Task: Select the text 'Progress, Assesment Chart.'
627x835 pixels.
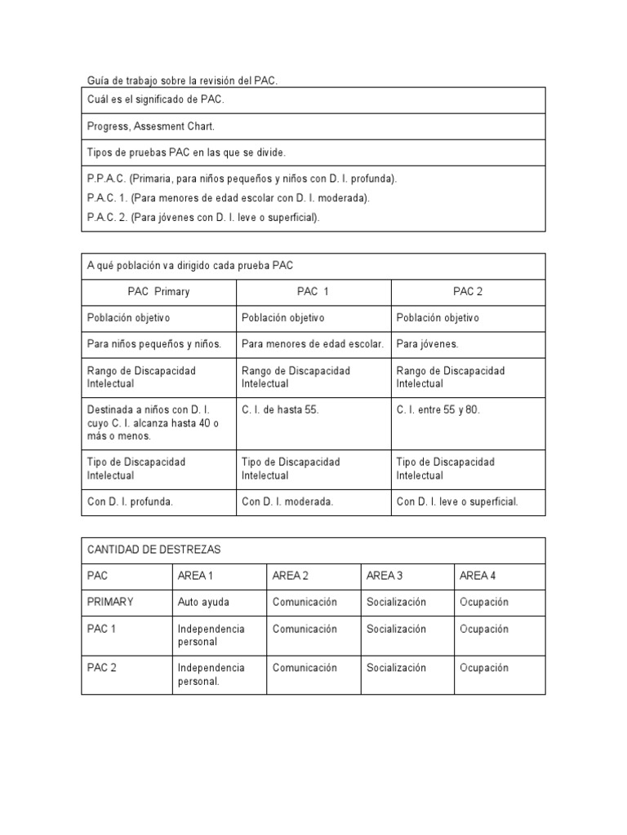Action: pos(151,126)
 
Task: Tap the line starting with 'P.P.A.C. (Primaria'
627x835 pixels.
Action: pos(242,179)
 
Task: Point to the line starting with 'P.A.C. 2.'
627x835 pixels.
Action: pos(203,218)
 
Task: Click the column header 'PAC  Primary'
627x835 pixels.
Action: pos(158,292)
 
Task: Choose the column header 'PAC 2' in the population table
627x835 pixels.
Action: pos(469,292)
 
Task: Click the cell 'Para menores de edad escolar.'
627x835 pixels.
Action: pos(313,344)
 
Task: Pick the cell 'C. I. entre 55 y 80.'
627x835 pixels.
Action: pos(438,410)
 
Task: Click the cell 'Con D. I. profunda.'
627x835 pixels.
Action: pos(130,501)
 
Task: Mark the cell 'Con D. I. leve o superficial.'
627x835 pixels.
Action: pos(457,501)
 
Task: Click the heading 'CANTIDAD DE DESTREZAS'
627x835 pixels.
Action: pos(154,550)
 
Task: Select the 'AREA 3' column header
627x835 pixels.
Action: pos(385,576)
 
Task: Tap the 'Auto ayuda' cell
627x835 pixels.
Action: pos(203,603)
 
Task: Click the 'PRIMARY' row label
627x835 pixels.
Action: pos(110,603)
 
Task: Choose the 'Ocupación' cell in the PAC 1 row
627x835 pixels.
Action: pos(484,630)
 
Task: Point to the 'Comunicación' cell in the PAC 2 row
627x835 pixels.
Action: pos(305,668)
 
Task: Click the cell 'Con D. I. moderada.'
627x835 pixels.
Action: pos(287,501)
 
